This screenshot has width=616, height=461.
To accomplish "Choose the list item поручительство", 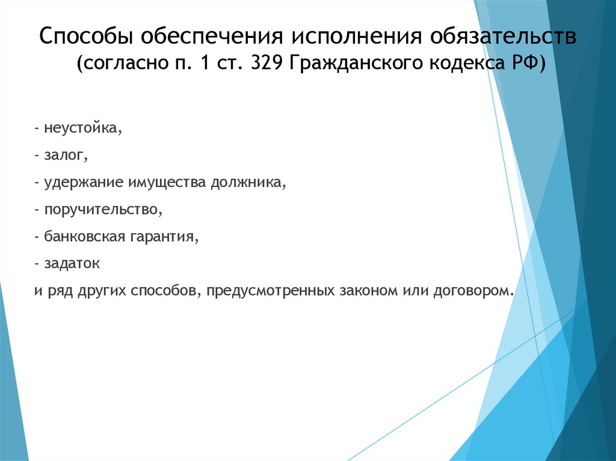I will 102,210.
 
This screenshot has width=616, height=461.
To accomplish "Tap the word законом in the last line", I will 368,291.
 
